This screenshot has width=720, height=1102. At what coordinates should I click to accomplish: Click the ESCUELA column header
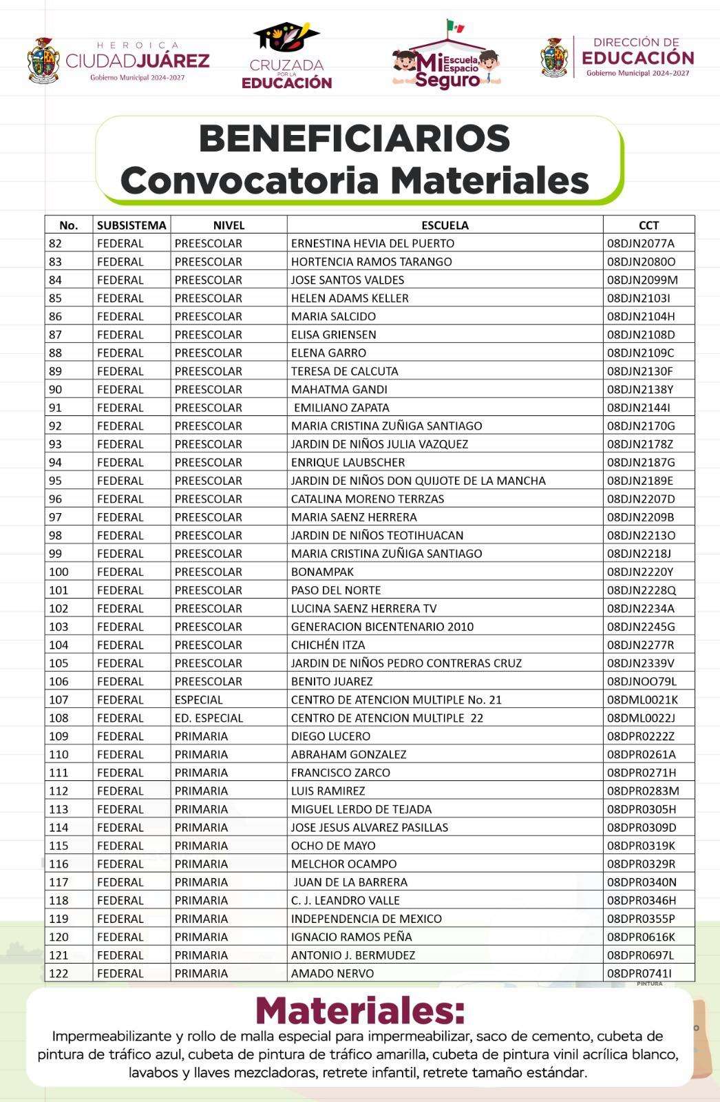(445, 225)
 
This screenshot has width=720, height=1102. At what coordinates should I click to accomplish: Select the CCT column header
(648, 225)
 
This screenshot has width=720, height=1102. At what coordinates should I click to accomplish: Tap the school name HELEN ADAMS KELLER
(350, 298)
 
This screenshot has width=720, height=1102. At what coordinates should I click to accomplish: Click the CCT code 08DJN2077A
(640, 243)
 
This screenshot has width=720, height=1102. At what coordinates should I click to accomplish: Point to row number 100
(59, 572)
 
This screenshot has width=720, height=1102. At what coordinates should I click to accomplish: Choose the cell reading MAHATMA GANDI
(339, 389)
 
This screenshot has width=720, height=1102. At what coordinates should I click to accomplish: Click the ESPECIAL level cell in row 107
(198, 700)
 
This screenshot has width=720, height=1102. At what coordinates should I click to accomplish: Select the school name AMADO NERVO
(332, 973)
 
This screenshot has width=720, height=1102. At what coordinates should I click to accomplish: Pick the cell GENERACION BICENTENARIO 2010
(382, 627)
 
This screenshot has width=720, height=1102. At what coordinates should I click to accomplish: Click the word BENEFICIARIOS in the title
(354, 138)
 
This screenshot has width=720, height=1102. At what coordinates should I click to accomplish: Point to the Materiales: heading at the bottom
(360, 1011)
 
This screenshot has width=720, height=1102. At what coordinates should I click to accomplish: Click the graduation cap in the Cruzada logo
(286, 35)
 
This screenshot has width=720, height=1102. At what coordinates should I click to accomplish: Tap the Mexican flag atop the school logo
(455, 27)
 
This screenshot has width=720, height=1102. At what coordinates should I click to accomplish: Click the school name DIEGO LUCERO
(330, 736)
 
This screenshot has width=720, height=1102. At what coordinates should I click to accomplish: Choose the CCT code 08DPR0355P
(641, 919)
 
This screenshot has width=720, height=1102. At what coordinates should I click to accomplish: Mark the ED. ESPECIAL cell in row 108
(209, 718)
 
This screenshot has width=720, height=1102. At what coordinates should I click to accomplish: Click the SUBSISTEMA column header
(131, 225)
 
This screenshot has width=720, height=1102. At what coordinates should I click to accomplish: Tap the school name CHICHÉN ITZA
(328, 645)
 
